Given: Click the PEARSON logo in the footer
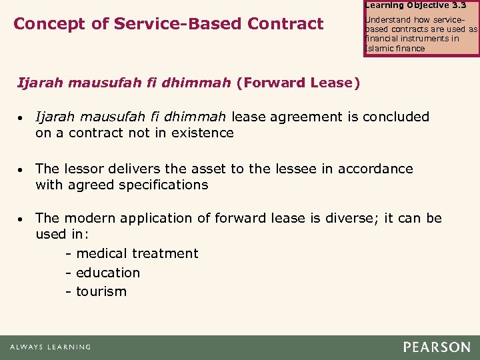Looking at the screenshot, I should pyautogui.click(x=436, y=347).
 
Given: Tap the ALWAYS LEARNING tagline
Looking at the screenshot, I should pyautogui.click(x=50, y=347).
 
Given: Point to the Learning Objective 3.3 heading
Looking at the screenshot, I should pyautogui.click(x=416, y=5).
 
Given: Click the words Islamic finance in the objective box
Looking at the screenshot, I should pyautogui.click(x=395, y=48).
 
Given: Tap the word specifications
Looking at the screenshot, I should pyautogui.click(x=164, y=185).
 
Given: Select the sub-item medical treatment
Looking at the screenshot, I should pyautogui.click(x=137, y=253).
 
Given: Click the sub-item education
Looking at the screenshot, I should pyautogui.click(x=107, y=273).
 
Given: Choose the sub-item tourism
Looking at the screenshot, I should pyautogui.click(x=101, y=291).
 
